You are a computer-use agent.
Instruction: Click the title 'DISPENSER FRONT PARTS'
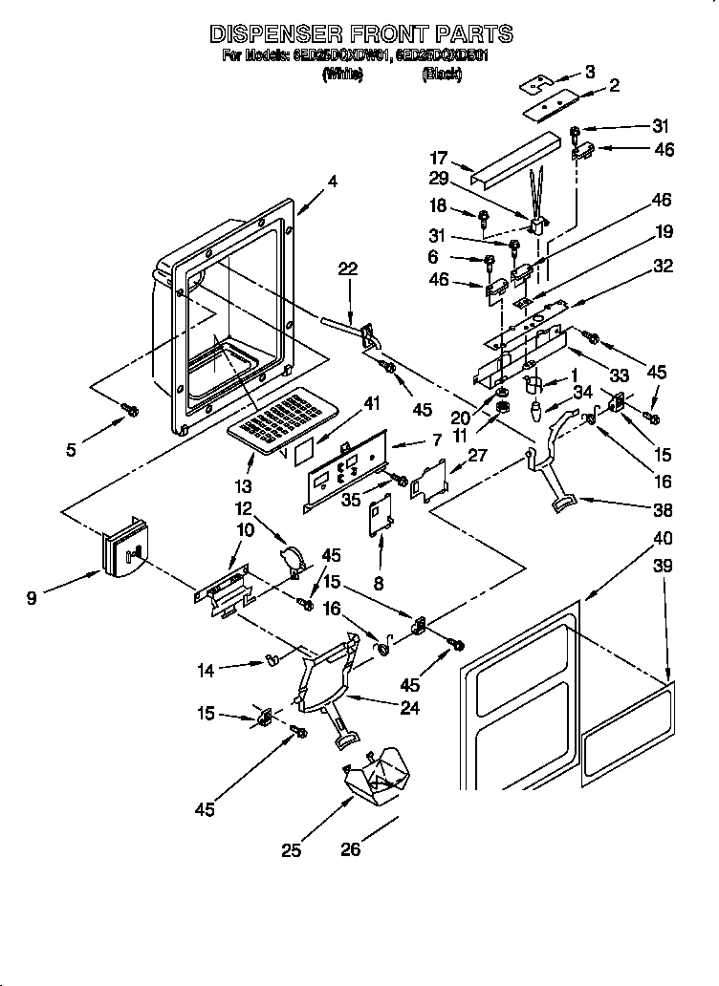point(360,33)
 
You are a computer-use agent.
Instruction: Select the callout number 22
point(347,270)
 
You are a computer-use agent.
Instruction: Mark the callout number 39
point(661,567)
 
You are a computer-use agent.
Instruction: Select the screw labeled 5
point(131,410)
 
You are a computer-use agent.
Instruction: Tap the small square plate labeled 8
point(381,516)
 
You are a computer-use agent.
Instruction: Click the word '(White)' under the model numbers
point(342,75)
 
